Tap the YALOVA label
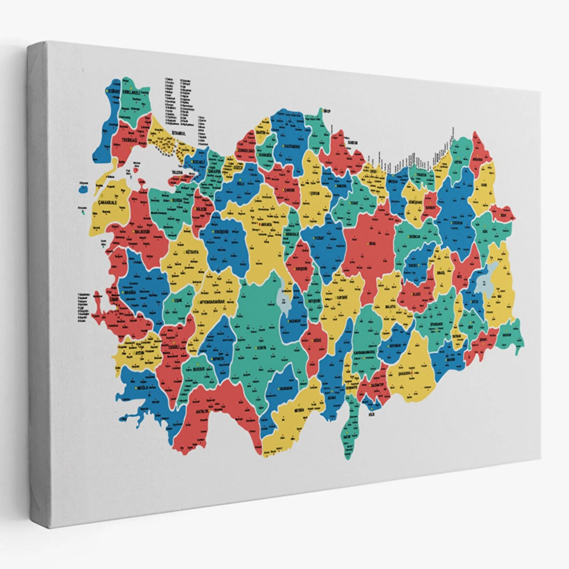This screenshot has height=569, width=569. click(179, 171)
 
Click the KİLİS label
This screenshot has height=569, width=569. click(371, 414)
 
